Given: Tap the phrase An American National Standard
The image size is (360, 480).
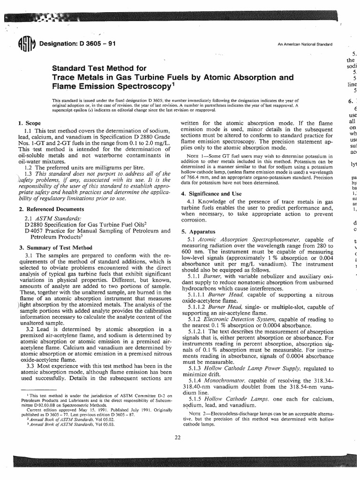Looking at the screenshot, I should click(305, 45).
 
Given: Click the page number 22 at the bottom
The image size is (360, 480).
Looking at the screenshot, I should click(177, 437).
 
